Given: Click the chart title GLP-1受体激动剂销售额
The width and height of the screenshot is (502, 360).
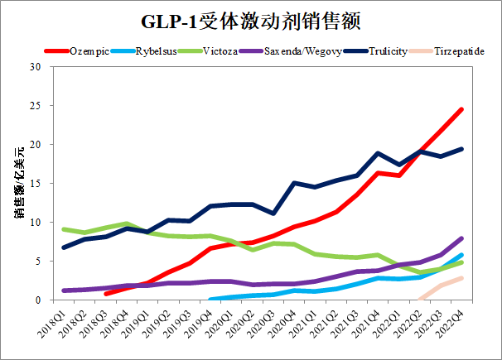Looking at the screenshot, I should (251, 19).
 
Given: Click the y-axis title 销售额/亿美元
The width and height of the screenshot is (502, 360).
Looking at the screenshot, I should (17, 183).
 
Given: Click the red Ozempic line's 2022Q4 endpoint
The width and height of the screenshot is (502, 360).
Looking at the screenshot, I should (461, 109).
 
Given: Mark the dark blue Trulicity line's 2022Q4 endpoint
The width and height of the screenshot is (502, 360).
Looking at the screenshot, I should (461, 149).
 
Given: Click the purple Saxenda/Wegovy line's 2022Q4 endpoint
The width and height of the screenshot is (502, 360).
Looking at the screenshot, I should (461, 238).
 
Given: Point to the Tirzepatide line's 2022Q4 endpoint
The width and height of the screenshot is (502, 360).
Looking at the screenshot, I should (461, 278).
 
